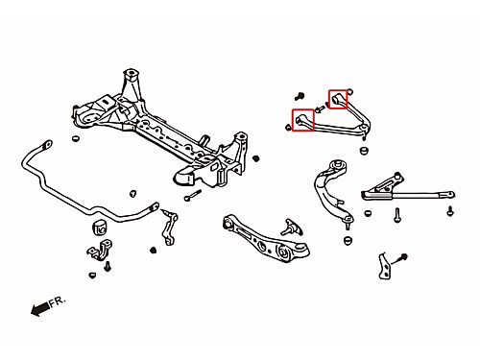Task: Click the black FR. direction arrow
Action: coord(40,308)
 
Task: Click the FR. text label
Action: coord(58,301)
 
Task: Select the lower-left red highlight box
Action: coord(303,120)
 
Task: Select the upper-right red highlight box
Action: coord(338,99)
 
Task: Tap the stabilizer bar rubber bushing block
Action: coord(100,228)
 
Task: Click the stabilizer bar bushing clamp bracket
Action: coord(100,251)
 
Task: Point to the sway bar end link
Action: coord(169,227)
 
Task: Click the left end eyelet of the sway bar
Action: coord(47,144)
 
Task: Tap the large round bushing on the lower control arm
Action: coord(283,252)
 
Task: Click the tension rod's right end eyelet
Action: coord(449,194)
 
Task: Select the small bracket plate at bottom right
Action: coord(384,266)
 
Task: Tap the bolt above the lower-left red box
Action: coord(300,96)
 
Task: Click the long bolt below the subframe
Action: coord(193,195)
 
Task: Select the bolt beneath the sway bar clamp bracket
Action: coord(108,266)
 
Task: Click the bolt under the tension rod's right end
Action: coord(450,211)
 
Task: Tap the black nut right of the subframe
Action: coord(255,158)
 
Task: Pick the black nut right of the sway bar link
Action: coord(154,250)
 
